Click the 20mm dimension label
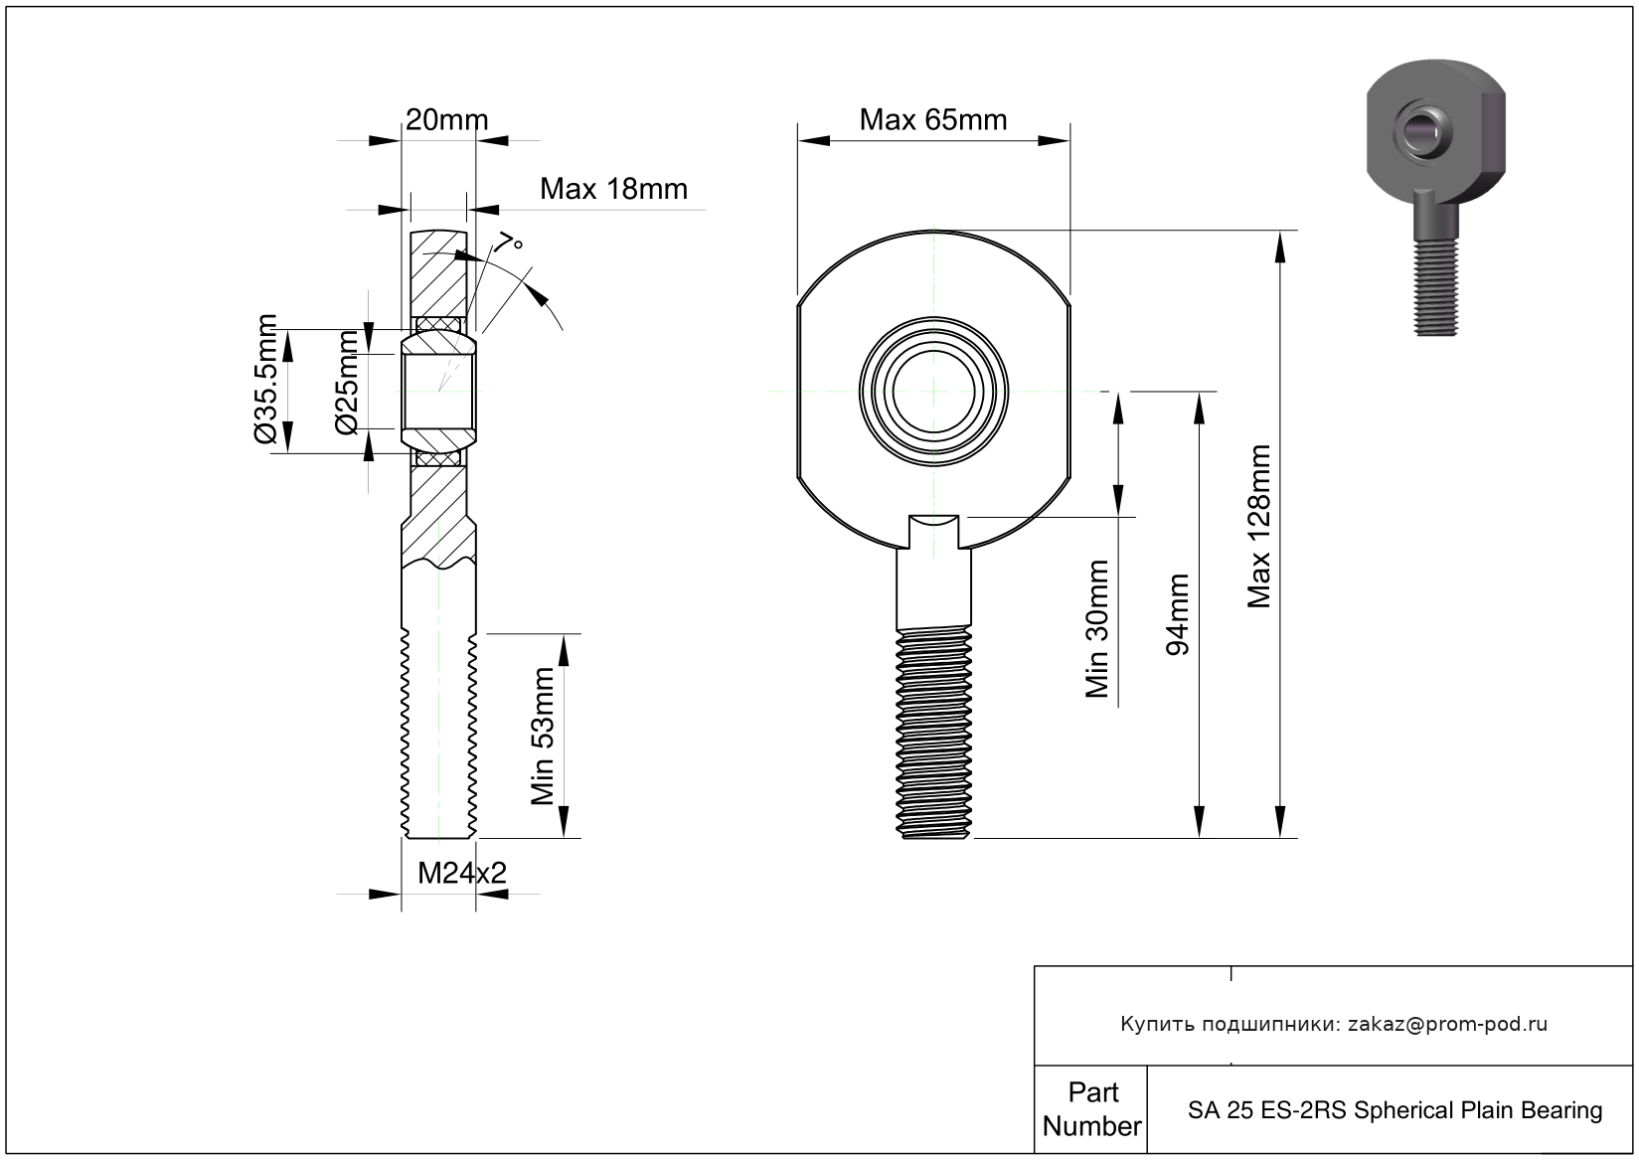446,119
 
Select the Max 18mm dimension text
613,189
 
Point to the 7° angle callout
509,242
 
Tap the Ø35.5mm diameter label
265,379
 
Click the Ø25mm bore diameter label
347,382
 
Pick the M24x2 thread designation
462,873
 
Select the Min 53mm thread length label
542,737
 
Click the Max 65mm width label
933,119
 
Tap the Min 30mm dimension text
1097,628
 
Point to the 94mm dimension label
1177,614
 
